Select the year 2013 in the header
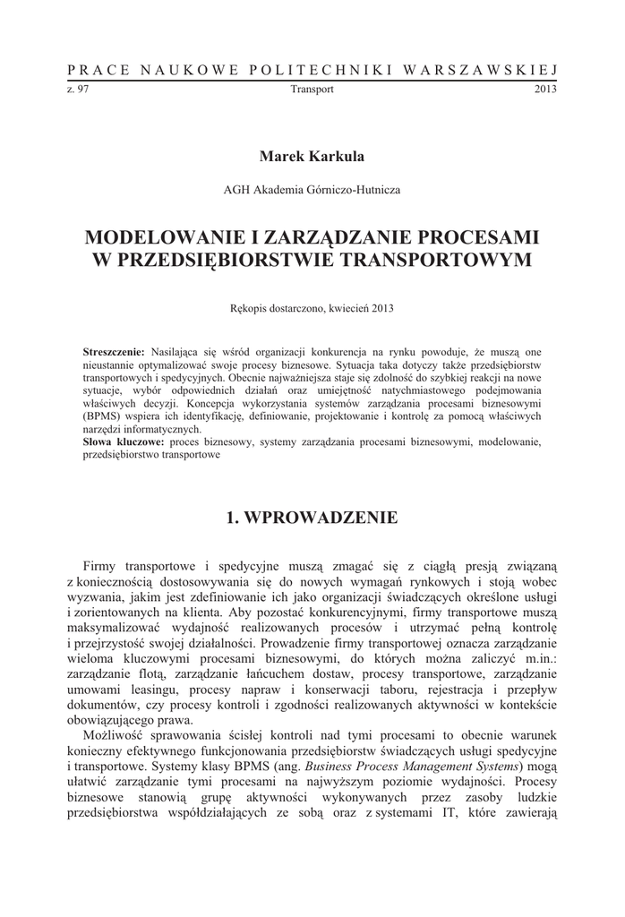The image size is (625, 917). pos(545,90)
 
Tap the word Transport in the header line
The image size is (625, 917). pos(312,90)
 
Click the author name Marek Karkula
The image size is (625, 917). pos(312,157)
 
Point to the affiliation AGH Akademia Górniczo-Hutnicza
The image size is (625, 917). pos(312,190)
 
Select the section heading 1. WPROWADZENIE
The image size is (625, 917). pos(312,518)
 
